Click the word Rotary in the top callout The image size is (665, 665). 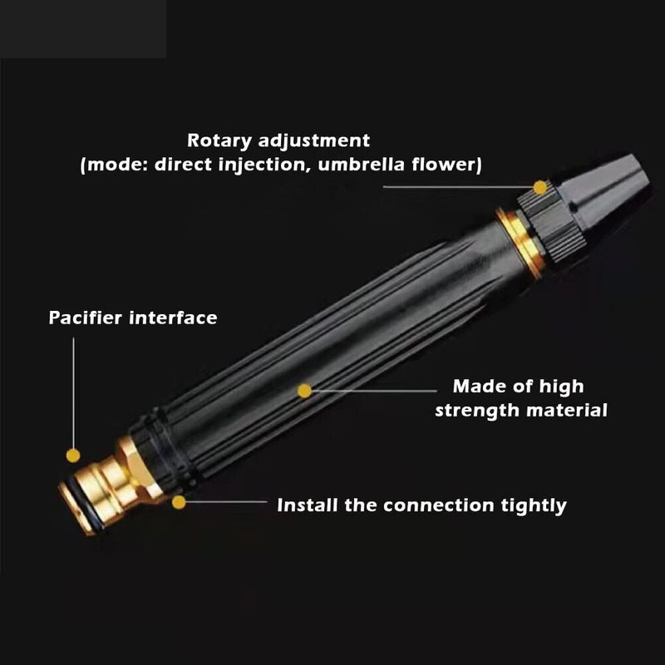click(x=219, y=141)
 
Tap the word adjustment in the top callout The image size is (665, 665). click(x=314, y=141)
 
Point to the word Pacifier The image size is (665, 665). click(x=86, y=318)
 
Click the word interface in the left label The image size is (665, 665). click(x=173, y=318)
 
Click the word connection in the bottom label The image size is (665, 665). click(x=439, y=505)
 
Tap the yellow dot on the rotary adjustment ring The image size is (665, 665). click(x=540, y=188)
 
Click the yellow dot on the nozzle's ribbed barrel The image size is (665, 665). click(x=304, y=391)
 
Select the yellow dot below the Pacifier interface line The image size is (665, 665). click(x=73, y=456)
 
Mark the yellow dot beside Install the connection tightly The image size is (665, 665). click(x=179, y=503)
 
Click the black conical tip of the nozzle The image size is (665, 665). click(x=607, y=191)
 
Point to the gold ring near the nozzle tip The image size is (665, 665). click(x=521, y=243)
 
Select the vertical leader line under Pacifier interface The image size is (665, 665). click(x=73, y=392)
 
